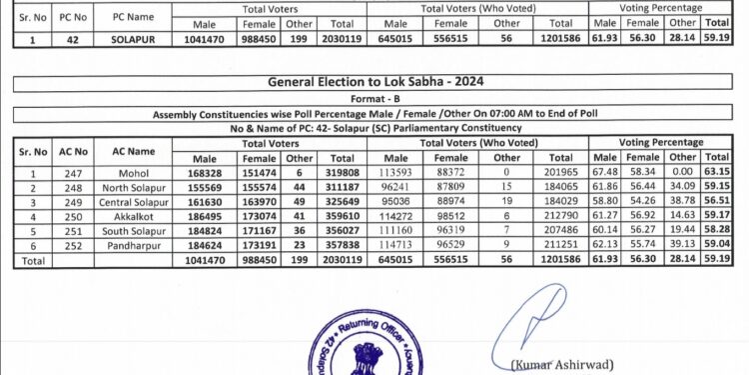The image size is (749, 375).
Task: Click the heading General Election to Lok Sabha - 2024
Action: coord(374,83)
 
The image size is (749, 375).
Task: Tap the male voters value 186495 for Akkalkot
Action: coord(204,217)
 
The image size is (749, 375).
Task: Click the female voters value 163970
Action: coord(258,203)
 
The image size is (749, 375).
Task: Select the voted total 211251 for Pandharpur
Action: coord(560,245)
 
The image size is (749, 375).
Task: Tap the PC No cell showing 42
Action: coord(72,41)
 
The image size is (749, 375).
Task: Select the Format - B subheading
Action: coord(374,100)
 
